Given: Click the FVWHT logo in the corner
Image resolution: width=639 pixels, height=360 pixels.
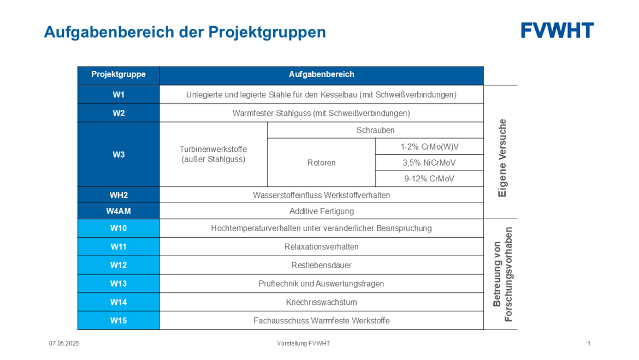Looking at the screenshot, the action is (557, 31).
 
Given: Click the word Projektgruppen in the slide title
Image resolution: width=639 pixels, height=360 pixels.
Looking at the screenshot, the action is (267, 32).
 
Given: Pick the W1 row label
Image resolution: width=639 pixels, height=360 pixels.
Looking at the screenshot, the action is (119, 95).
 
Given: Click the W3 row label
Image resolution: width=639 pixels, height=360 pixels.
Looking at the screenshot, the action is (119, 155).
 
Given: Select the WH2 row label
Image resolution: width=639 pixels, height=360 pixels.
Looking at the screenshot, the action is (119, 195).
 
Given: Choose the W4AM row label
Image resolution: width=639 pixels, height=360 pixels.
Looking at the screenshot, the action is (119, 211).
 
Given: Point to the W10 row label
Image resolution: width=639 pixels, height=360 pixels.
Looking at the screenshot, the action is (119, 228).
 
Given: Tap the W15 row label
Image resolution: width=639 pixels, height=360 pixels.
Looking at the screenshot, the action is (119, 321).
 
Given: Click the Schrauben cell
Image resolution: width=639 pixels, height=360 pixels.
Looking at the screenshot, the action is (375, 130).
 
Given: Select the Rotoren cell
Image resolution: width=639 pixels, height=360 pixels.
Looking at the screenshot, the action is (322, 163).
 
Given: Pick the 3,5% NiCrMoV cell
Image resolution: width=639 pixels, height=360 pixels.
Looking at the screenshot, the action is (429, 163).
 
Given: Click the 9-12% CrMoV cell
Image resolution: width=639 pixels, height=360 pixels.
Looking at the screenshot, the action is (429, 179).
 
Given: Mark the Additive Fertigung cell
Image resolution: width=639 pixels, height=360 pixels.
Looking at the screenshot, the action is (322, 211).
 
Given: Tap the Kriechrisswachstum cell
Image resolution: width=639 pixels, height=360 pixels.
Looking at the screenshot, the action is (322, 302).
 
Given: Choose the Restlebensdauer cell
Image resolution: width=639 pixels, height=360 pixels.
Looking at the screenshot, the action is (322, 265).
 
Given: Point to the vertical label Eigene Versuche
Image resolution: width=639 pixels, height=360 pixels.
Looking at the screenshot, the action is (502, 158).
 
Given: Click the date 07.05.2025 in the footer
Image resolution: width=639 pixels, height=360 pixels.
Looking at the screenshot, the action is (64, 343).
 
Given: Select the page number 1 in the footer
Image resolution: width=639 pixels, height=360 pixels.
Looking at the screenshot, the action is (589, 343).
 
